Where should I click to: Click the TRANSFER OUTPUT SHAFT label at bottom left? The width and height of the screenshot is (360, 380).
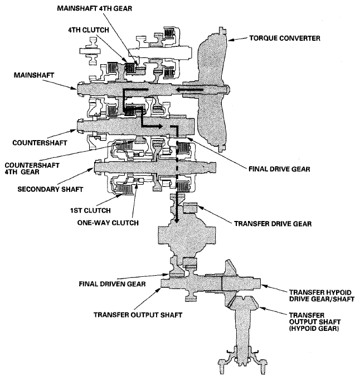(132, 313)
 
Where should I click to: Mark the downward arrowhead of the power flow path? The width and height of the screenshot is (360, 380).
(177, 219)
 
